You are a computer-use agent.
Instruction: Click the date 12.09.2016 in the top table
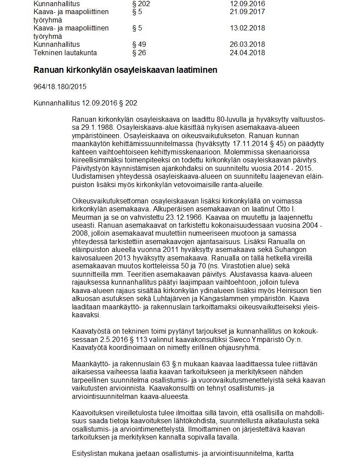click(x=247, y=4)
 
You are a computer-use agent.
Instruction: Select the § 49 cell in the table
click(x=139, y=45)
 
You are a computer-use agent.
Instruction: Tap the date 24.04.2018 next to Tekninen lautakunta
click(x=247, y=53)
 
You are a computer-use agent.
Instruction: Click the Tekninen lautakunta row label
click(x=65, y=53)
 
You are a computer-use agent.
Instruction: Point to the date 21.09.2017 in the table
click(x=247, y=12)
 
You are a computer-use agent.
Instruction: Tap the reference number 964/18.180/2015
click(x=60, y=87)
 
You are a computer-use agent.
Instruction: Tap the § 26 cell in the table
click(x=139, y=53)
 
